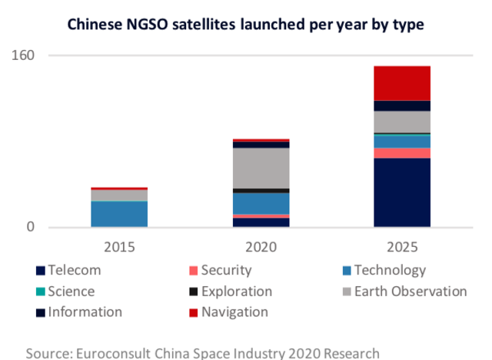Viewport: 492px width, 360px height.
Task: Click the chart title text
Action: [x=246, y=24]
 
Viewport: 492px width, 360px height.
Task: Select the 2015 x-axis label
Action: [x=119, y=247]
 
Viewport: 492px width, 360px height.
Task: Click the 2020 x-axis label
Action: [x=260, y=247]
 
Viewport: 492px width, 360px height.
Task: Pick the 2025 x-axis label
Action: [x=401, y=247]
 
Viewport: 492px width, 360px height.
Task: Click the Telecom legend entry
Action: [x=74, y=270]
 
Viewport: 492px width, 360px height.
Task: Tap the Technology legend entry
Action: [x=389, y=270]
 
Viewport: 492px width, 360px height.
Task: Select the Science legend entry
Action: [x=71, y=292]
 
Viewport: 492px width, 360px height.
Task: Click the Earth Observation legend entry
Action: [x=410, y=292]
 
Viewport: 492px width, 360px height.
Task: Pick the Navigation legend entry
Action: [x=234, y=312]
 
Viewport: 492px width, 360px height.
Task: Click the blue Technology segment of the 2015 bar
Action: [x=119, y=214]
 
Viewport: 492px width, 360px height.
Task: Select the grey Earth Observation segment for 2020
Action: [x=260, y=167]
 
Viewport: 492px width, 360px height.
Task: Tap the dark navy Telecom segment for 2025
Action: [x=401, y=192]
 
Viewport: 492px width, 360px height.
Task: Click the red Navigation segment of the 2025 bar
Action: [x=401, y=83]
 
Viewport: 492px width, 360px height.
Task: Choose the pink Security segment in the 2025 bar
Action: [x=401, y=153]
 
